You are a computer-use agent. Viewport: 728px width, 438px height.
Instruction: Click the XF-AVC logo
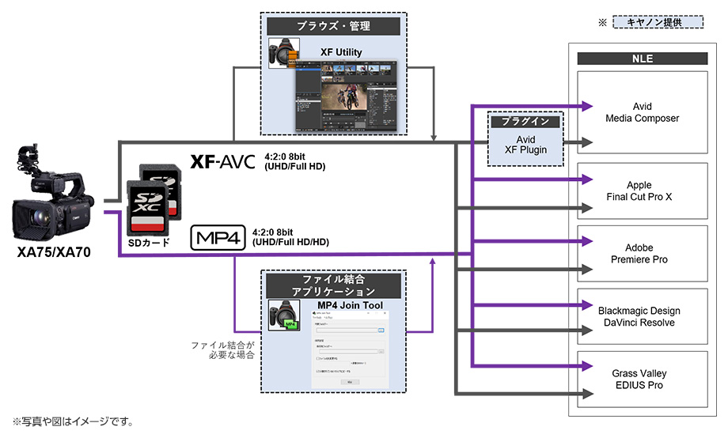(x=222, y=161)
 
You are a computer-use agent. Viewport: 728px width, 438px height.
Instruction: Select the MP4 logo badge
(x=218, y=236)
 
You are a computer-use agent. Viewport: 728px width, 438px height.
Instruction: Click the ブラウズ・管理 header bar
(x=333, y=26)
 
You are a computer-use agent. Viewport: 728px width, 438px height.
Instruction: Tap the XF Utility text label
(x=341, y=52)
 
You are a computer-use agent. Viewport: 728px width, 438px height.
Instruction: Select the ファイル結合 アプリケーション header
(x=333, y=285)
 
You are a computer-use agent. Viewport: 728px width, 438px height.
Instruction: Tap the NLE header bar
(x=643, y=59)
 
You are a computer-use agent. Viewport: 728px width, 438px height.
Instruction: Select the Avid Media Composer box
(x=643, y=113)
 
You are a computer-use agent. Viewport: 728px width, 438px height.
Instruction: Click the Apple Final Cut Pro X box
(x=643, y=191)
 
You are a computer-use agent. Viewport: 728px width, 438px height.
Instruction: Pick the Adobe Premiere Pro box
(x=643, y=254)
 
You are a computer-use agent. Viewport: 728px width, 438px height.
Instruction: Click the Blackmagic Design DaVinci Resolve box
(x=643, y=317)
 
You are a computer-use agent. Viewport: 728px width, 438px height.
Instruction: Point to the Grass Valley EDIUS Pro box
(x=643, y=379)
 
